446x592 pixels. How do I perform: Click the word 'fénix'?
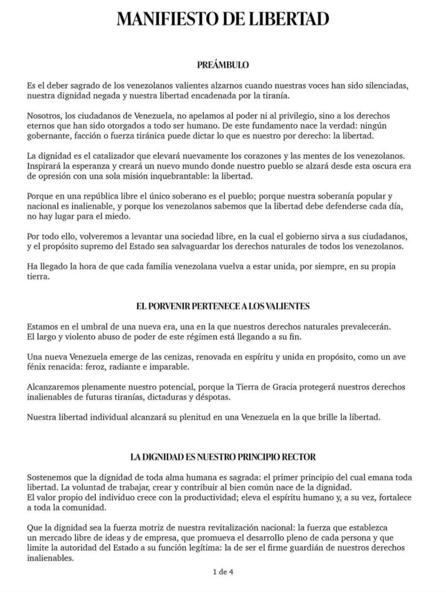click(x=38, y=367)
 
